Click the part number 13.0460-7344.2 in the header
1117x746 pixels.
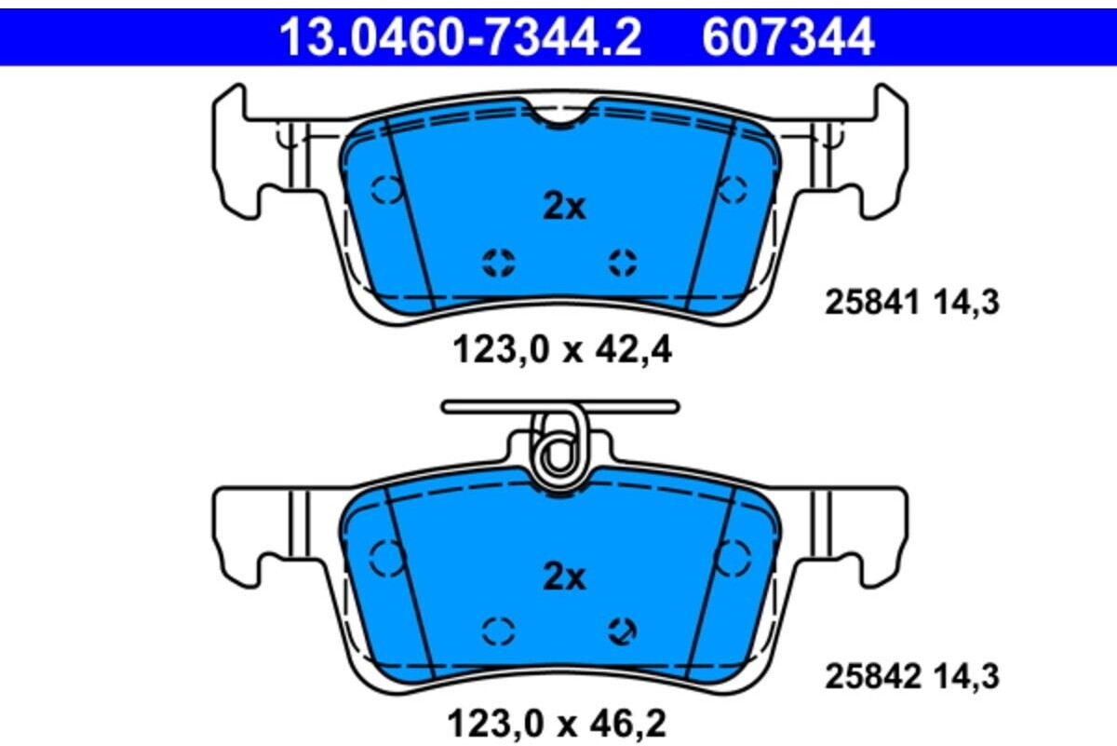click(461, 38)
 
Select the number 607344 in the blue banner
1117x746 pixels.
click(787, 38)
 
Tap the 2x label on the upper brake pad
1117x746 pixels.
click(564, 207)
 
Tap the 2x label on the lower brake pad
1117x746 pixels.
click(564, 578)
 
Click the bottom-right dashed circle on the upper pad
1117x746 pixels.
click(623, 263)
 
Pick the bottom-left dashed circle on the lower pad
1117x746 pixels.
click(499, 631)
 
